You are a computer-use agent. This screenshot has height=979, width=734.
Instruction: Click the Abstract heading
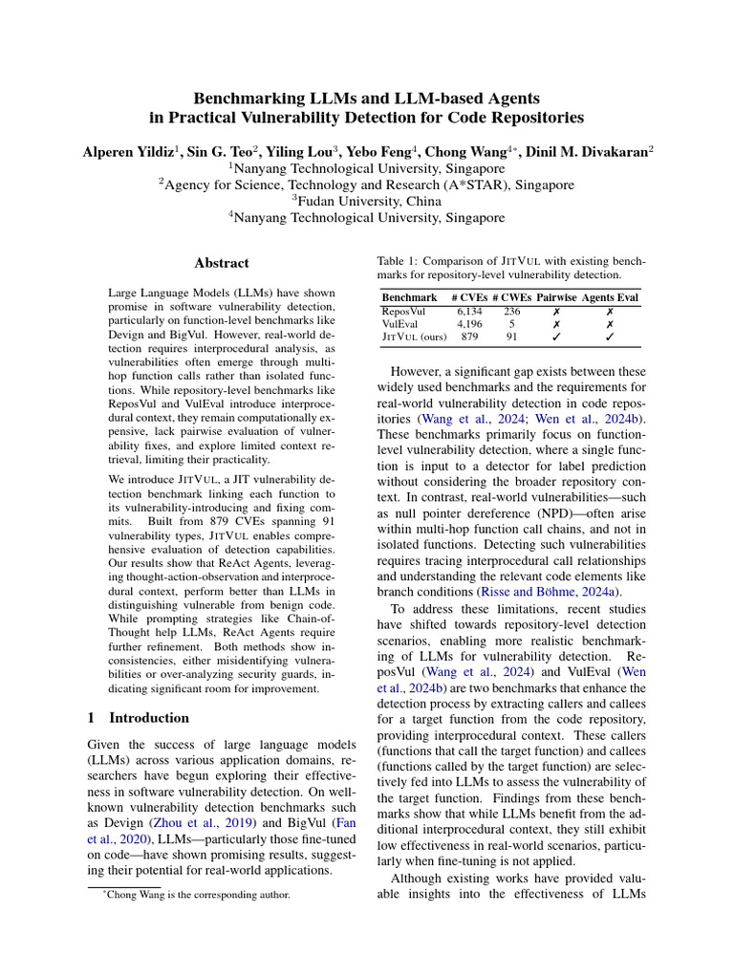(222, 263)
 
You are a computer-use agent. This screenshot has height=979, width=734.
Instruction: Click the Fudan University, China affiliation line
(367, 201)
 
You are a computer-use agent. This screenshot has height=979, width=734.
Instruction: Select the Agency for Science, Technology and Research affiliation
(367, 185)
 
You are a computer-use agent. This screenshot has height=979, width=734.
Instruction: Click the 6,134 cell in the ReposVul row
(469, 311)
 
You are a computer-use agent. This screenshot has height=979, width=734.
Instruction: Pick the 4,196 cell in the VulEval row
(469, 324)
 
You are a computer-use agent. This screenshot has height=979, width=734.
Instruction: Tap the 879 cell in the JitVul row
(469, 337)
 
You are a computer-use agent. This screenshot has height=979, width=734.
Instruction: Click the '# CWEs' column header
(511, 297)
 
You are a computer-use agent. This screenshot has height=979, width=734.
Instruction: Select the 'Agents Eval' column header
(611, 297)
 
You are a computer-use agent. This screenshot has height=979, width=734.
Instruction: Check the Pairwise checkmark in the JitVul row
(556, 337)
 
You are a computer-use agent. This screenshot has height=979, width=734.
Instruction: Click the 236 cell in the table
(511, 311)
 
